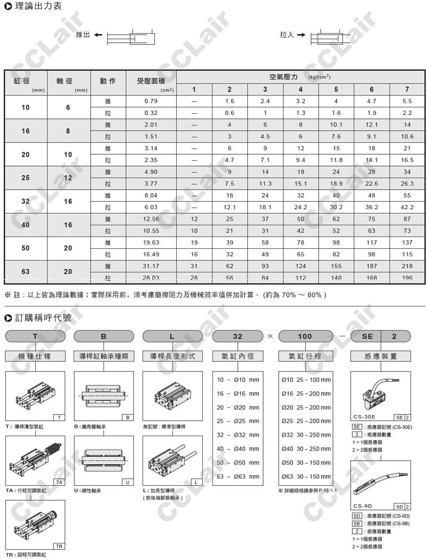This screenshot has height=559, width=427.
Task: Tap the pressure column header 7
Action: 407,89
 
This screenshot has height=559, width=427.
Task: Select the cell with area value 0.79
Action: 151,101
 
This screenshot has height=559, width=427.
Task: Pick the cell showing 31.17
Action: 151,266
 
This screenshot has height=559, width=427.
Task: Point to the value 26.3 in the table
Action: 407,184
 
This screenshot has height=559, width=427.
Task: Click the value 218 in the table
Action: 407,266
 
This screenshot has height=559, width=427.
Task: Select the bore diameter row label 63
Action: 26,272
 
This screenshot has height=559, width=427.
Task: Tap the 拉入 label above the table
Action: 287,35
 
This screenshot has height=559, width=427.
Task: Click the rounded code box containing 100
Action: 305,336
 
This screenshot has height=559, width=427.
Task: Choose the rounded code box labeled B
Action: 104,336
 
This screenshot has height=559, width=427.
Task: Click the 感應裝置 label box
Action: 380,356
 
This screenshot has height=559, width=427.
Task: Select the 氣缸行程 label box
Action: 305,356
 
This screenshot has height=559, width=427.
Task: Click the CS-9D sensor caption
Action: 363,506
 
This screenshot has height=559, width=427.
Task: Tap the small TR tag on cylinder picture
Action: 59,546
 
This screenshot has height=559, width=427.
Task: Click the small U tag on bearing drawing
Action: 128,482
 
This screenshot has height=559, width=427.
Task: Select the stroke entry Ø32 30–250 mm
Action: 306,435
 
